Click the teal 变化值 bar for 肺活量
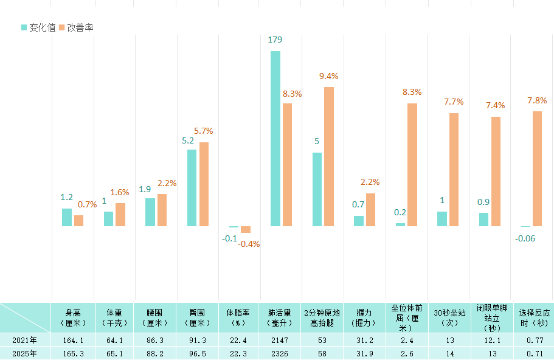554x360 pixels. tap(275, 139)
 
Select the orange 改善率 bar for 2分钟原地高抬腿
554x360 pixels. tap(329, 156)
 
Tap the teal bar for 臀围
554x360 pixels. tap(192, 187)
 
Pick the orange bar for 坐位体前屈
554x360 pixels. tap(412, 165)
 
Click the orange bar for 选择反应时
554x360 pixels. tap(537, 168)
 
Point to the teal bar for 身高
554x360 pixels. tap(67, 217)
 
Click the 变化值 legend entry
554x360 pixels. tap(39, 27)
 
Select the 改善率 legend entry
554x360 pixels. tap(76, 27)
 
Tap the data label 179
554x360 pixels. tap(275, 40)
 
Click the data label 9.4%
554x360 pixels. tap(328, 76)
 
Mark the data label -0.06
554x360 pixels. tap(525, 238)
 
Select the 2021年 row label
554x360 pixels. tap(24, 340)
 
